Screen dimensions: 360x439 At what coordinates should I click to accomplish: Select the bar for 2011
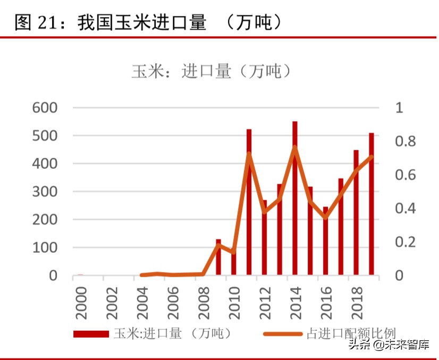pos(249,202)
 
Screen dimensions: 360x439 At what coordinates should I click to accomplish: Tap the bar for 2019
pos(372,204)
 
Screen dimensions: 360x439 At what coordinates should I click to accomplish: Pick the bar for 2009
pos(218,258)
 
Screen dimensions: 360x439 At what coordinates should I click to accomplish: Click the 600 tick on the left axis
pos(45,108)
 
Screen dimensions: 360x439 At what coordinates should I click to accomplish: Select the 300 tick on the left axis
pos(45,192)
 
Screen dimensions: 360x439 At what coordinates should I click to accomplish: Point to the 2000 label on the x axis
pos(81,303)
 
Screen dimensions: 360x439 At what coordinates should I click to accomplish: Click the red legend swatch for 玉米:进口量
pos(91,334)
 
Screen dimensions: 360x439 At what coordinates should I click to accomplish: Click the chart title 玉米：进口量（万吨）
pos(212,71)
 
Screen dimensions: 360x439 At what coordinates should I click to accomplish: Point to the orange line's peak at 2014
pos(295,147)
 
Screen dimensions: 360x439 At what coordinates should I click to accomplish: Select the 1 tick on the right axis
pos(399,108)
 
